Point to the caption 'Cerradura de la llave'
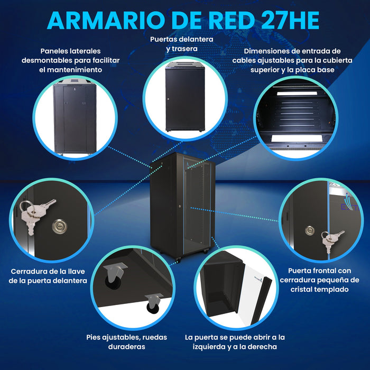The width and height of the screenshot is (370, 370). point(48,276)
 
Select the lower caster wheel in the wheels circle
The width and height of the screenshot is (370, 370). point(151,302)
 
